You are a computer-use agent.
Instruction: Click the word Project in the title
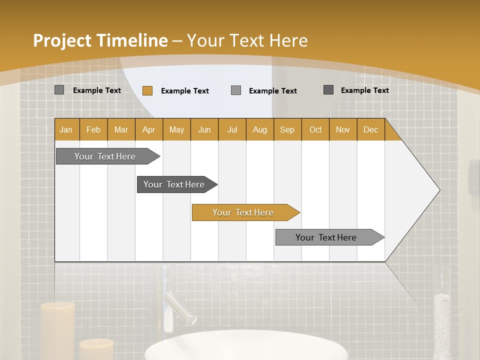[62, 40]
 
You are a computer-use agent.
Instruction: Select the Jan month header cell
[66, 129]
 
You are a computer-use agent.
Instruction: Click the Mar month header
[121, 129]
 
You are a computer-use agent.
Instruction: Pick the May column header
[176, 129]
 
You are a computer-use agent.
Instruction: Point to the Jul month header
[232, 129]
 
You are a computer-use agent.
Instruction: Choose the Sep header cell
[287, 129]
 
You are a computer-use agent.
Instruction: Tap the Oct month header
[315, 129]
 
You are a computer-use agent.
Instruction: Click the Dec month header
[370, 129]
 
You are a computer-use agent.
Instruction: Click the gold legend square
[147, 90]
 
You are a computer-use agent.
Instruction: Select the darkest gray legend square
[328, 90]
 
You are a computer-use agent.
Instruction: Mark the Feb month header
[93, 129]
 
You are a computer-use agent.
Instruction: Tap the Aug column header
[259, 129]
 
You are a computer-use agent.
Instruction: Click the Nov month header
[342, 129]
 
